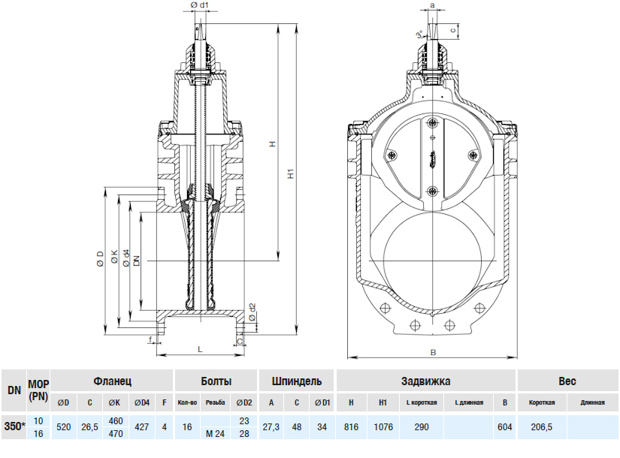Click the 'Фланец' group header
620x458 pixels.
click(x=113, y=381)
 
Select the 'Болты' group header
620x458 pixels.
click(x=216, y=381)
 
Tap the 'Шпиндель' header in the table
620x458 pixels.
click(x=297, y=381)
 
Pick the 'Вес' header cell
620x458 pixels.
click(x=566, y=381)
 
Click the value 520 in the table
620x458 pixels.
click(x=64, y=426)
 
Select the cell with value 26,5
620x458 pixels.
click(x=89, y=426)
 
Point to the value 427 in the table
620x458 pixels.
click(x=141, y=426)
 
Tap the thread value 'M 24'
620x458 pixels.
click(x=215, y=434)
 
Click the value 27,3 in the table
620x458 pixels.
click(x=271, y=426)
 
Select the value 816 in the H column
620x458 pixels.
click(x=351, y=426)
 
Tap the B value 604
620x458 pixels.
click(x=504, y=426)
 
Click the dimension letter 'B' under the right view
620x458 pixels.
click(x=434, y=351)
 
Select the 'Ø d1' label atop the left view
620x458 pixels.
click(x=200, y=6)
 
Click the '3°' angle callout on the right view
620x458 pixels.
click(x=419, y=35)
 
